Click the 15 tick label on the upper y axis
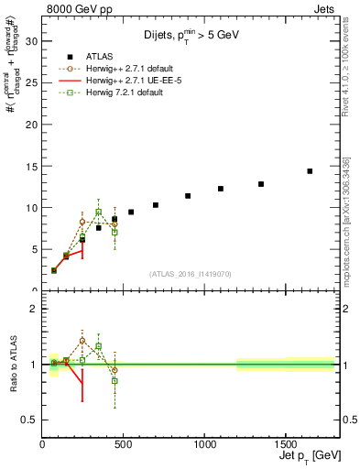[31, 166]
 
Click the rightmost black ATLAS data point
[310, 171]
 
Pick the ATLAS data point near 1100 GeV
[221, 189]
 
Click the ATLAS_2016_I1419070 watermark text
[190, 273]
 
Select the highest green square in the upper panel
[99, 212]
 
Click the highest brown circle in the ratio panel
[82, 340]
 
